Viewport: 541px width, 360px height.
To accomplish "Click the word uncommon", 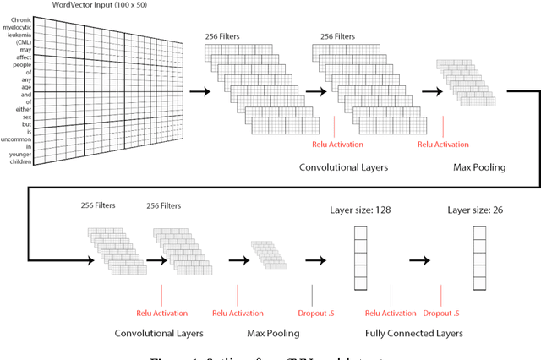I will [17, 140].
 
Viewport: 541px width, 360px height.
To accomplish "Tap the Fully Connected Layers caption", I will [414, 334].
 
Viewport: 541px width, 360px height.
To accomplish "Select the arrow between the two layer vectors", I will [420, 259].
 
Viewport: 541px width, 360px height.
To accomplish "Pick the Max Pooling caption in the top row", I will [478, 167].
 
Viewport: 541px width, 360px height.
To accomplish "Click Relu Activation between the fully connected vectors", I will [391, 314].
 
